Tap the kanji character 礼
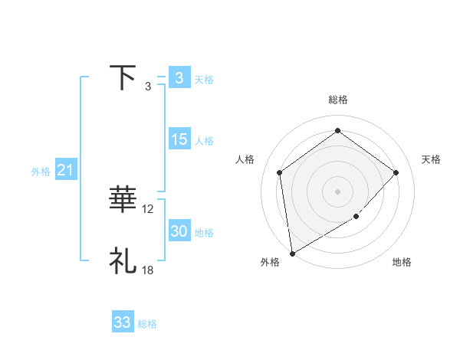(x=123, y=260)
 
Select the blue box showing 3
(x=179, y=78)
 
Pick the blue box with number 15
(x=179, y=139)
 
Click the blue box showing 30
(x=179, y=231)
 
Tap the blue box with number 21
(x=65, y=170)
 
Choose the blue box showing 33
(x=123, y=322)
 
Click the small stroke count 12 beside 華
(x=148, y=208)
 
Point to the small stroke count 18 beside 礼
(x=148, y=270)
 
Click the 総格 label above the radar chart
(x=337, y=100)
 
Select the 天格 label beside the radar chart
(x=432, y=159)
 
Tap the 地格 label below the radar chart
(x=402, y=262)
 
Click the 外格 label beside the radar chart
(x=270, y=262)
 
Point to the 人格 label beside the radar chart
(x=245, y=159)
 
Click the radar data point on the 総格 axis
(x=337, y=131)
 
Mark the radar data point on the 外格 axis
(x=292, y=253)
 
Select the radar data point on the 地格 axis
(x=356, y=217)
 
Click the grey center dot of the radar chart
(x=337, y=191)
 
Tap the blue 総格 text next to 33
(x=147, y=324)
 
